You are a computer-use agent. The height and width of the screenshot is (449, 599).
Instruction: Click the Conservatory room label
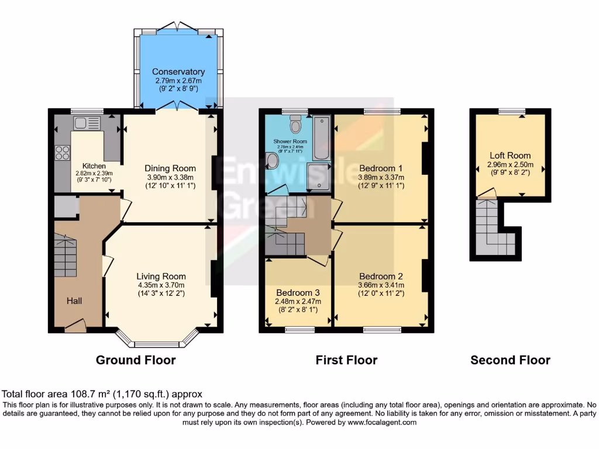(179, 72)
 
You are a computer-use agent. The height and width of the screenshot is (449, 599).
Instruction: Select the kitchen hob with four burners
(62, 153)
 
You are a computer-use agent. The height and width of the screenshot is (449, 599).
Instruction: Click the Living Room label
(161, 276)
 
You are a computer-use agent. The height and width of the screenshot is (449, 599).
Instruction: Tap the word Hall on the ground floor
(74, 301)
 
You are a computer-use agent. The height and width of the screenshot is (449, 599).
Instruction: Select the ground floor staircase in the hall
(66, 255)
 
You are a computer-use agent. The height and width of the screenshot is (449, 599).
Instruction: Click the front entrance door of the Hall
(74, 325)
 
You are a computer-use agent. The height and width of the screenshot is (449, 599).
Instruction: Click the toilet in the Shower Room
(295, 124)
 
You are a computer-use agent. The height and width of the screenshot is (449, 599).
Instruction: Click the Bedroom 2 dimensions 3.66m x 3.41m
(381, 285)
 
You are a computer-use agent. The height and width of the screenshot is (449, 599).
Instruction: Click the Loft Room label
(510, 156)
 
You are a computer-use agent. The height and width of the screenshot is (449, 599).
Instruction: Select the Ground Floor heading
(136, 360)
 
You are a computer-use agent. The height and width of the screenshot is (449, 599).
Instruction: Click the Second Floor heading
(510, 360)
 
